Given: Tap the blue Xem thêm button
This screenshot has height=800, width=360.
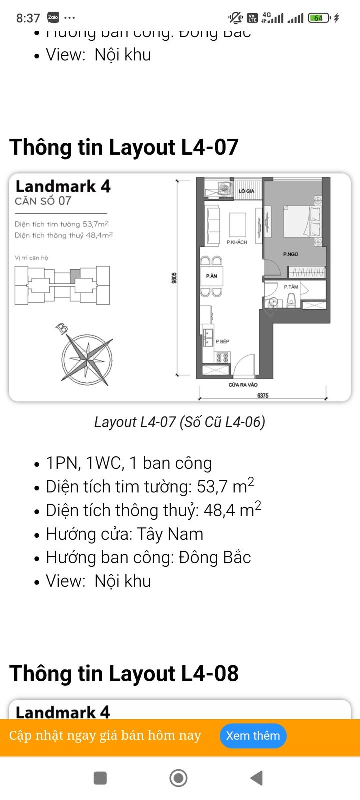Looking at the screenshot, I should [253, 736].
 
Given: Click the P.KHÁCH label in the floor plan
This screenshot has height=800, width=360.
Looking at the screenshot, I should [237, 242].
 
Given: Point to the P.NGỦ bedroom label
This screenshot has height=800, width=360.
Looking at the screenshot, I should [290, 254].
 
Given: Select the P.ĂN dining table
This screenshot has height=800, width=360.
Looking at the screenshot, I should [211, 276].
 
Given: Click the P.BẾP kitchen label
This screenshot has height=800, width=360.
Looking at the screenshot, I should [222, 341].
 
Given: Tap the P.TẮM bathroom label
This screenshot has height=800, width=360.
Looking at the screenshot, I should [291, 287].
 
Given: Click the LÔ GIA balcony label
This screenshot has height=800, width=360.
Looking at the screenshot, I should [246, 191].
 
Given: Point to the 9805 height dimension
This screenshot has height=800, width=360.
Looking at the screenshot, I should [174, 278].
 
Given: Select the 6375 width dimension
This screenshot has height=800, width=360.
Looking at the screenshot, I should [263, 395].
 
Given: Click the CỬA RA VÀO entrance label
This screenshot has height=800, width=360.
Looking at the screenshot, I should [243, 385].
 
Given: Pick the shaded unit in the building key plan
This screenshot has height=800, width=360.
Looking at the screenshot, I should [74, 274].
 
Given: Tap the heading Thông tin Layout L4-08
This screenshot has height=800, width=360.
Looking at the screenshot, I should [124, 673].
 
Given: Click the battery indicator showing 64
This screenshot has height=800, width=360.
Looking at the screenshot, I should [319, 18].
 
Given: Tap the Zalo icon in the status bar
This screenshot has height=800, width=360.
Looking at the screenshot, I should [53, 18].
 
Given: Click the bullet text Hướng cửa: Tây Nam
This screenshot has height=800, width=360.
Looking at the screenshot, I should [124, 534].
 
